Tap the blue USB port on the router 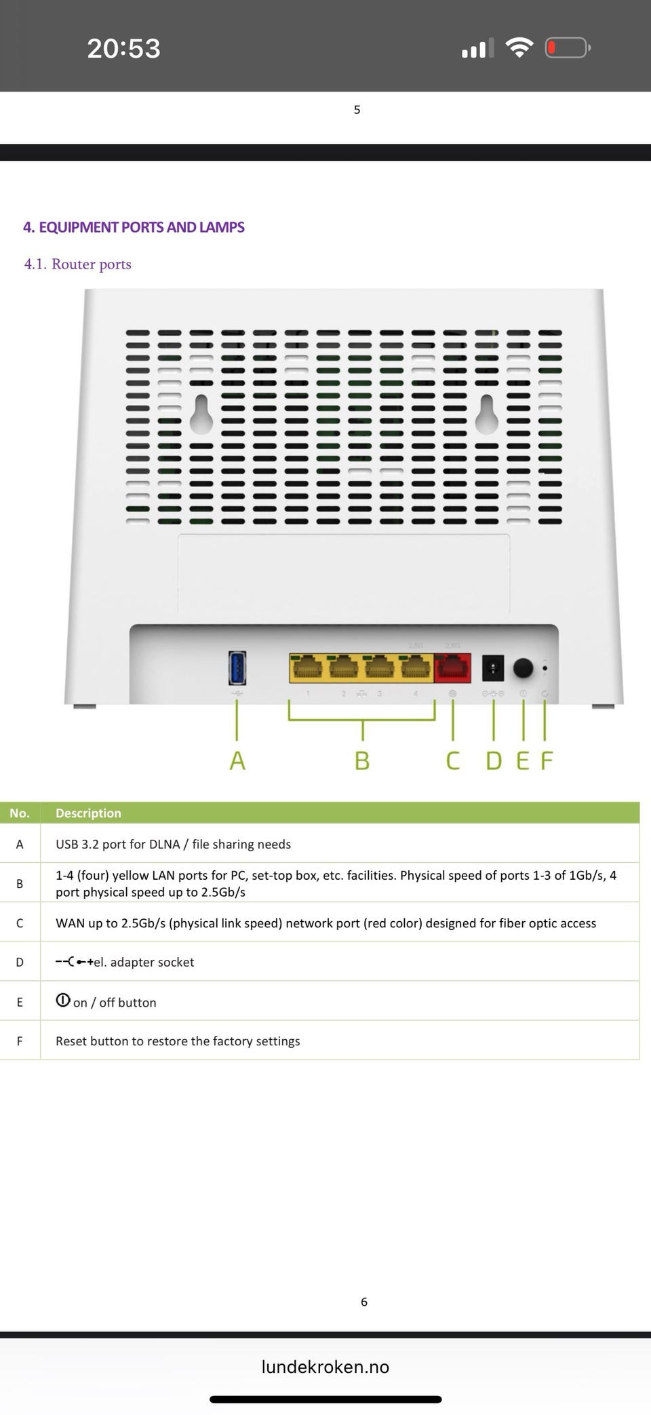tap(237, 668)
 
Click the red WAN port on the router tap(453, 668)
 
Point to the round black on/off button tap(523, 668)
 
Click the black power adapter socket tap(493, 668)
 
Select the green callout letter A tap(237, 760)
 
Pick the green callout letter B tap(362, 760)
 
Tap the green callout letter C tap(452, 760)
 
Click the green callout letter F tap(547, 760)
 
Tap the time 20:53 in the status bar tap(124, 48)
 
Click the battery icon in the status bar tap(568, 47)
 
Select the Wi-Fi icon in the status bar tap(519, 47)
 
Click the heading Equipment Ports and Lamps tap(134, 227)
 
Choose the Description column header tap(88, 813)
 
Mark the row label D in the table tap(20, 962)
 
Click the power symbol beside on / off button tap(63, 1000)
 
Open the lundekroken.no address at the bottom tap(325, 1367)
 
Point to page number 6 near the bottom tap(364, 1302)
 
